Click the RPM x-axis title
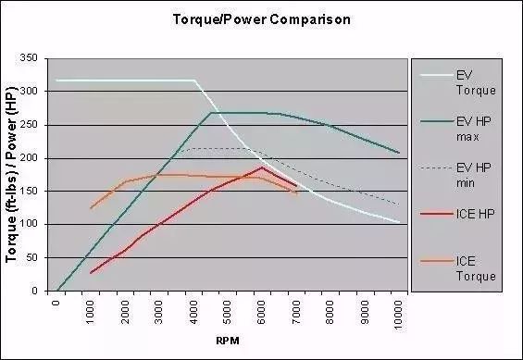(x=228, y=341)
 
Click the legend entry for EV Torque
(x=476, y=83)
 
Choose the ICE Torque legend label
(x=476, y=268)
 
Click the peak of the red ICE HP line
(x=262, y=168)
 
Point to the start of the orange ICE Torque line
(x=91, y=208)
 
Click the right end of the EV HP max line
(x=400, y=153)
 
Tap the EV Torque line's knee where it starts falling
(x=195, y=81)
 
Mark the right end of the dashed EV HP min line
(x=400, y=205)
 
